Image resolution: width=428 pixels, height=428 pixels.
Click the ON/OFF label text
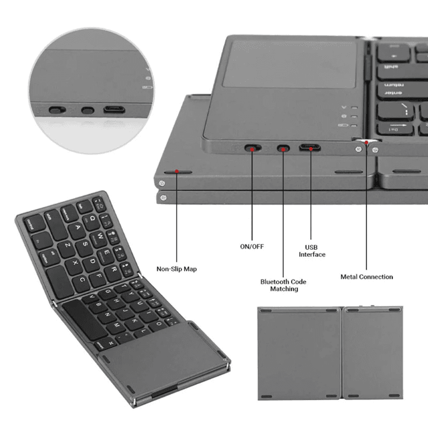tap(251, 247)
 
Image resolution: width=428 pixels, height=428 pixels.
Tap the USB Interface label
tap(312, 251)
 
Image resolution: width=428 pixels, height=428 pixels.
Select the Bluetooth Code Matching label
tap(284, 285)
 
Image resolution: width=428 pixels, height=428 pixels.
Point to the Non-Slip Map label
tap(176, 269)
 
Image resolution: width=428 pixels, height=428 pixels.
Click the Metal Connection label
tap(366, 277)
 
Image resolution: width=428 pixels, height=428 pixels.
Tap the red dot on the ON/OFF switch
tap(252, 148)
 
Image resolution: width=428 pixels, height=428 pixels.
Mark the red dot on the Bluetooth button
tap(283, 148)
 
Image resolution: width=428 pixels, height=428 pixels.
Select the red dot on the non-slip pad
tap(176, 172)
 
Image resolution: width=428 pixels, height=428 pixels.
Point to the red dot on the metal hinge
tap(366, 143)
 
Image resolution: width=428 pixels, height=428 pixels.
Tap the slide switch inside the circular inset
tap(57, 111)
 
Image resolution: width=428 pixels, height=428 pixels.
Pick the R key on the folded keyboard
tap(113, 270)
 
